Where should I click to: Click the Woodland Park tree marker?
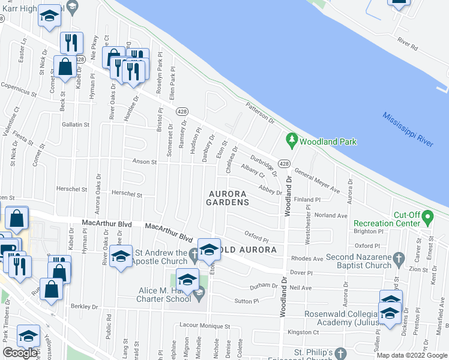pos(292,141)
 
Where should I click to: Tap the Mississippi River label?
pos(408,129)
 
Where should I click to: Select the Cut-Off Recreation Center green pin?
pos(427,216)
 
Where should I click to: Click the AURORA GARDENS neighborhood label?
pos(228,198)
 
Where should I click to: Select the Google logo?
pos(20,353)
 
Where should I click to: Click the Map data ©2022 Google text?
pos(411,355)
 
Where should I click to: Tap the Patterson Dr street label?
pos(260,112)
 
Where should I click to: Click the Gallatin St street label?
pos(75,125)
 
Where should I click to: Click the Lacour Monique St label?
pos(205,325)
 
